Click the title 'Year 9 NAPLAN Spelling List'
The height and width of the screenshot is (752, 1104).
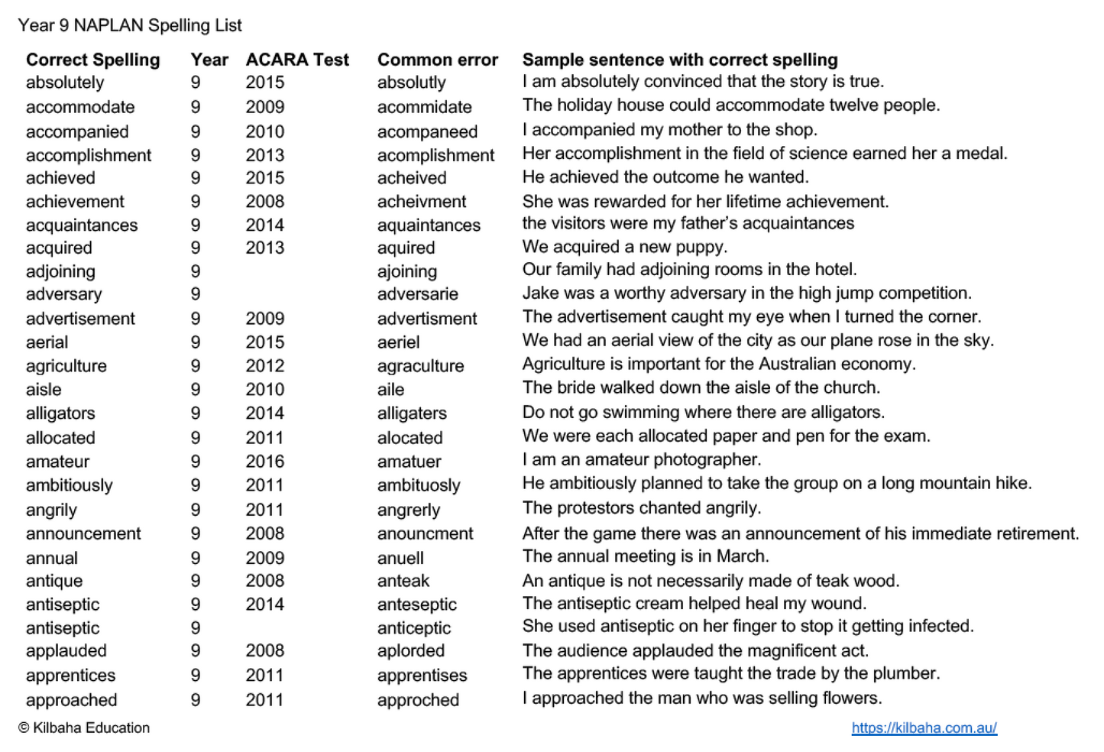[130, 25]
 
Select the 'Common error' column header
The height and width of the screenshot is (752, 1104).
[437, 60]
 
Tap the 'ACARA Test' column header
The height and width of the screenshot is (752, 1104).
[297, 60]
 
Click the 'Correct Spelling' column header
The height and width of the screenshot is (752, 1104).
[93, 60]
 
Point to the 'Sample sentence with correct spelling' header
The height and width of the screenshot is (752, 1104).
[680, 60]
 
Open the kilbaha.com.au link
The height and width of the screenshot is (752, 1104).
[924, 728]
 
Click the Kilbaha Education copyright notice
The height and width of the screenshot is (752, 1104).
[84, 728]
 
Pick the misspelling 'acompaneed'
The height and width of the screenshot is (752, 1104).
[427, 131]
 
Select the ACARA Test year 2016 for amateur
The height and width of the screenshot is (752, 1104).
[264, 462]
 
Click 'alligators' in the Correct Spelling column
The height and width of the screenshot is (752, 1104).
[60, 413]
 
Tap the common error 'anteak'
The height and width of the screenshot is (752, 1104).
[403, 581]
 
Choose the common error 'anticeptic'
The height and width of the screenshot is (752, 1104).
[414, 628]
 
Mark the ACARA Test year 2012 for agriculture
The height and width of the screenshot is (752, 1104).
[264, 366]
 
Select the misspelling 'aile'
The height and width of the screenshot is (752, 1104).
[390, 390]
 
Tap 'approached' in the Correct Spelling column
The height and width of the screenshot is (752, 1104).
[71, 700]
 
